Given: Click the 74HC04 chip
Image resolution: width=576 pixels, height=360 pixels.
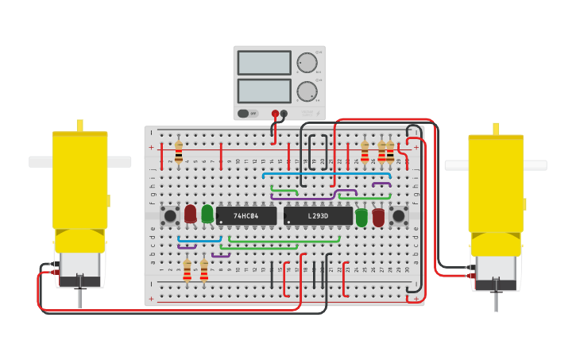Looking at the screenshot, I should point(246,215).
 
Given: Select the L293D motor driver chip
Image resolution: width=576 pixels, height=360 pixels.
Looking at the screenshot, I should point(318,215).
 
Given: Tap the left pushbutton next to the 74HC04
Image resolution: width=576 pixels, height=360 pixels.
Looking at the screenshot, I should point(170,215).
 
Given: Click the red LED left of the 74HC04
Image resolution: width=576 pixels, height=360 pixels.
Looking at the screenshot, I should point(190,214).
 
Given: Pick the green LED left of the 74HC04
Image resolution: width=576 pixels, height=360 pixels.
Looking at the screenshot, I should point(207,214).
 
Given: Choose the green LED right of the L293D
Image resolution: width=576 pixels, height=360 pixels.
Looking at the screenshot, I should point(361,217).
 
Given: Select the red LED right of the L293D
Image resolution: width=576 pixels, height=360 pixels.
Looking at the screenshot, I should point(378,217).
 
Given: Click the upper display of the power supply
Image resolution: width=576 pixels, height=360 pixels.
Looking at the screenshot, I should point(264,63).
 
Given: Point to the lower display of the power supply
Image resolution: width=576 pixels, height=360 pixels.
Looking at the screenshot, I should point(264,91).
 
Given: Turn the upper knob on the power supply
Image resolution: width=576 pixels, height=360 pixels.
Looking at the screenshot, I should point(307,63).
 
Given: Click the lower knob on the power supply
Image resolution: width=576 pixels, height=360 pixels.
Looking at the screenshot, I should point(307,91).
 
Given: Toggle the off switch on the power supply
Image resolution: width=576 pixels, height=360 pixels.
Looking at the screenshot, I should point(248,114).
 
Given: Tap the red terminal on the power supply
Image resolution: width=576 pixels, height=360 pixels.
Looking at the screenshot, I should point(275,114).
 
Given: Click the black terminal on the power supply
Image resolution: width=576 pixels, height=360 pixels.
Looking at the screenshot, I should point(284,114).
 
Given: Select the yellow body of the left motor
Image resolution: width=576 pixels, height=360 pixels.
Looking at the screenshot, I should point(80,183).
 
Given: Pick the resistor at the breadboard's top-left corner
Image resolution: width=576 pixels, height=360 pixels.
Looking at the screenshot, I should point(178,152).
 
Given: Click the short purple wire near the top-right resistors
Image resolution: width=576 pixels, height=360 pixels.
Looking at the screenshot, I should point(381,184).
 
